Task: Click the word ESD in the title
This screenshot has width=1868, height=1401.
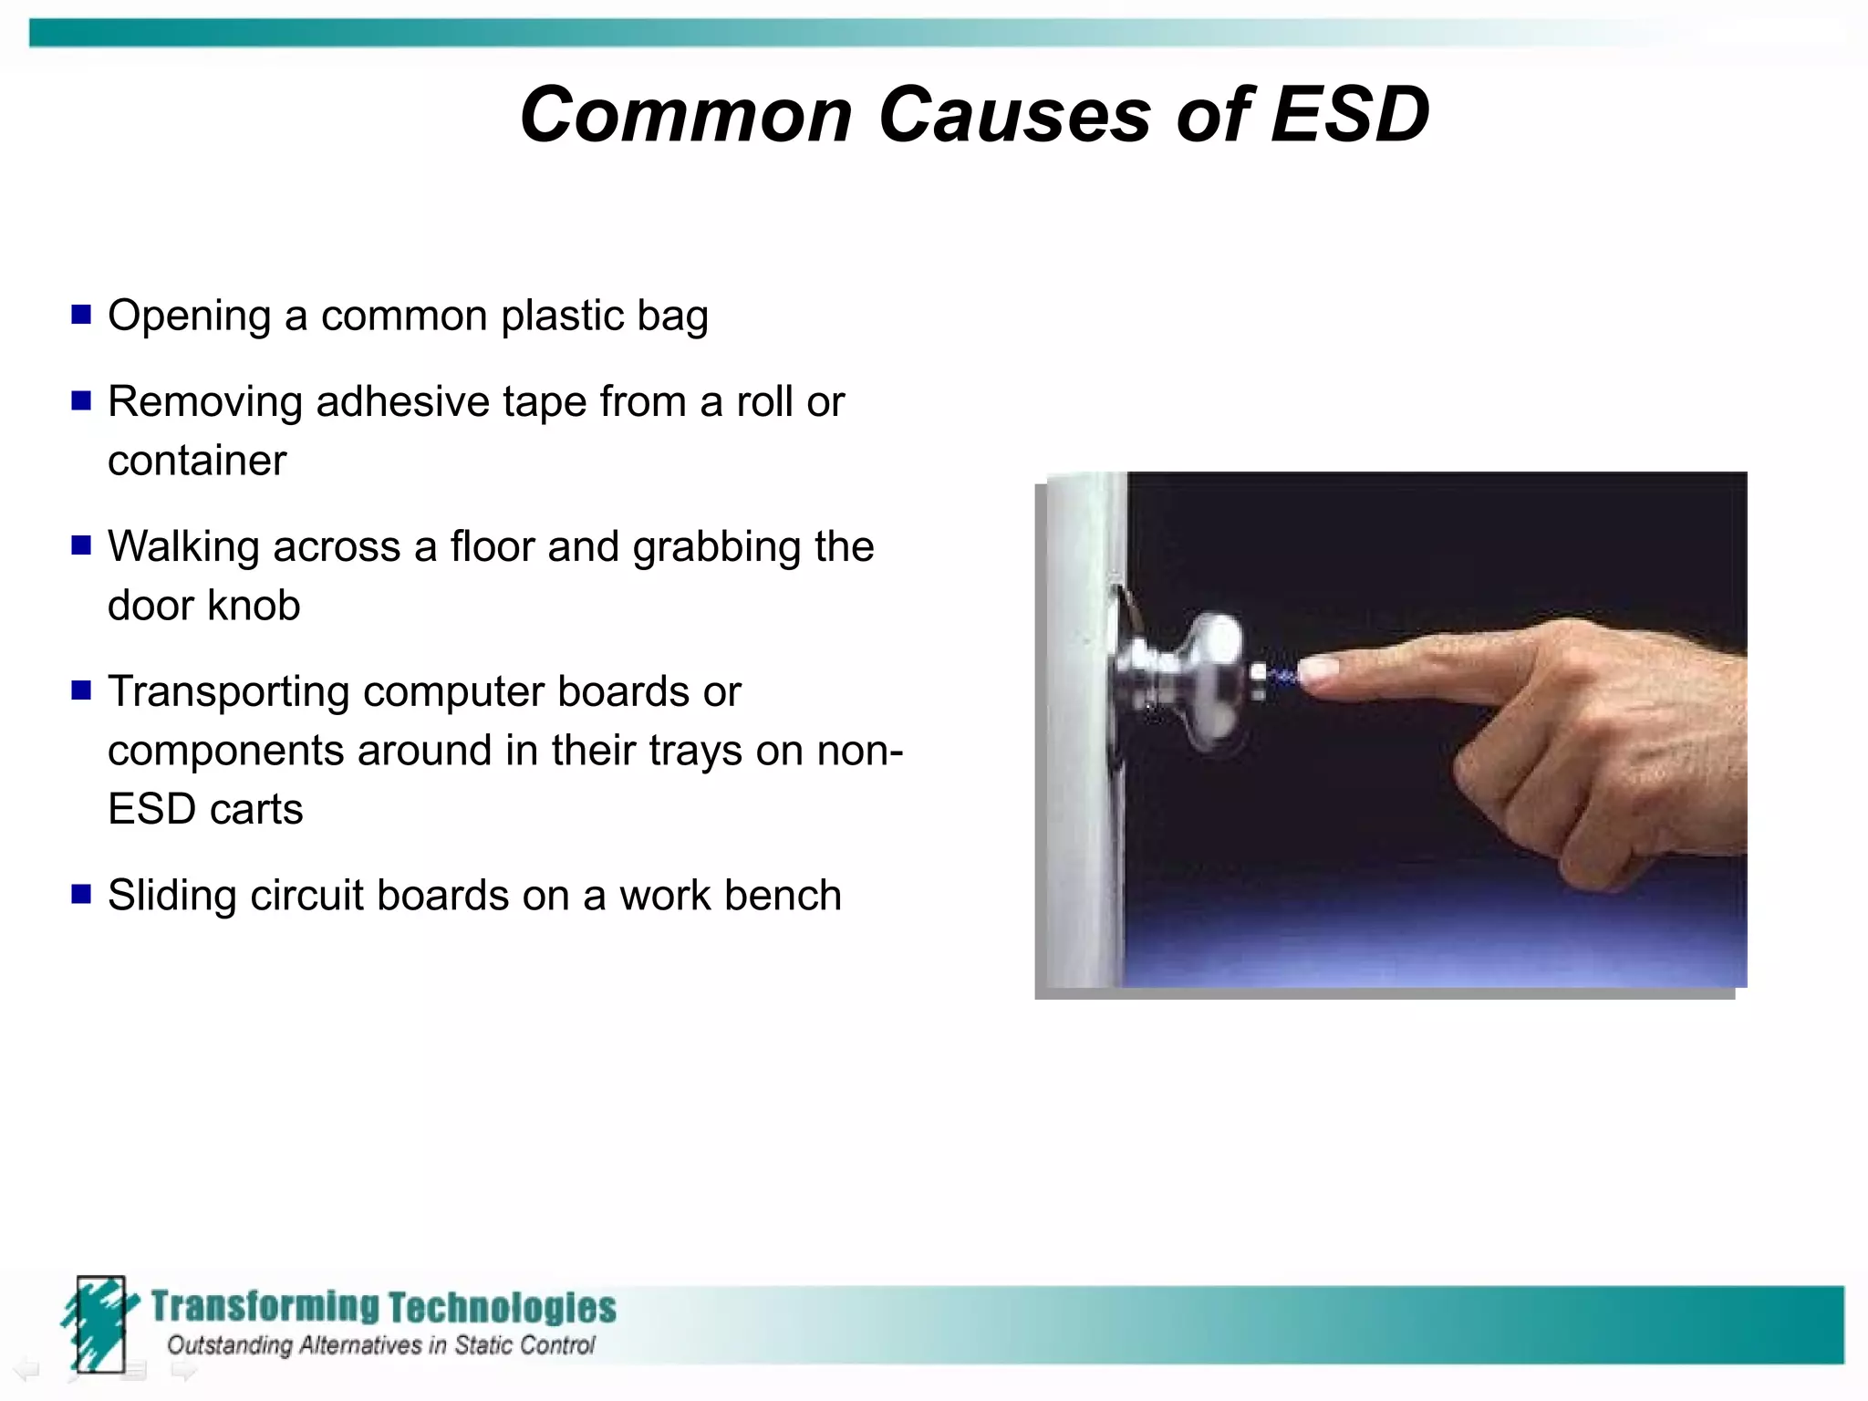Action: (x=1350, y=115)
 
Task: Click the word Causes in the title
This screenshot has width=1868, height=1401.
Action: (x=1014, y=115)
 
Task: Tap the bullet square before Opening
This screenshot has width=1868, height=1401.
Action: (x=81, y=315)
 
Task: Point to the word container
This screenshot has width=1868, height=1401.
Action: (x=197, y=461)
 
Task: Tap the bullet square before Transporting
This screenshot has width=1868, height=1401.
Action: (x=81, y=690)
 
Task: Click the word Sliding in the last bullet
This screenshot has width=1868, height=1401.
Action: (x=172, y=896)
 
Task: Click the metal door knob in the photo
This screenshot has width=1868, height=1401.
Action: (x=1186, y=680)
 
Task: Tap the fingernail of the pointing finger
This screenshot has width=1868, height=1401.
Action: (x=1318, y=671)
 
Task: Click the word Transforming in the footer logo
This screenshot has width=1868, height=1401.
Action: (x=265, y=1306)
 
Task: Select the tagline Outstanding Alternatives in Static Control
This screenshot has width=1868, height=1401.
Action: (x=380, y=1345)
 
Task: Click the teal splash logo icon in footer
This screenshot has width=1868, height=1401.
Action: (x=99, y=1323)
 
